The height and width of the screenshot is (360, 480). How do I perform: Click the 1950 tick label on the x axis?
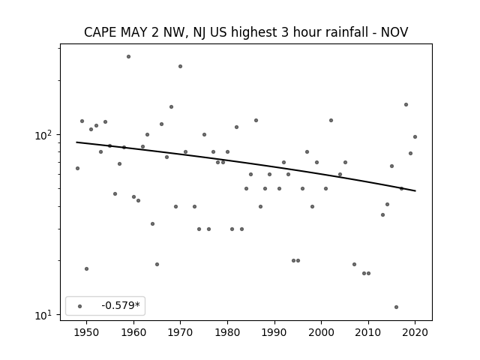tap(87, 332)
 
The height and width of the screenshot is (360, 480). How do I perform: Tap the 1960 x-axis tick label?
tap(133, 332)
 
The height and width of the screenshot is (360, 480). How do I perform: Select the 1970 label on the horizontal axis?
tap(180, 332)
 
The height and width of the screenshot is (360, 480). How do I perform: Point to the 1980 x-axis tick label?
tap(227, 332)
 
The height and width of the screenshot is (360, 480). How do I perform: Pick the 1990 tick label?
tap(274, 332)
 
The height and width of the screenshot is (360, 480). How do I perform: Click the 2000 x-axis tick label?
tap(321, 332)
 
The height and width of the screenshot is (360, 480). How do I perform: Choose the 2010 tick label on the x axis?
tap(368, 332)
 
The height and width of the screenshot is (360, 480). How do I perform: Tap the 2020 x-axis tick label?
tap(415, 332)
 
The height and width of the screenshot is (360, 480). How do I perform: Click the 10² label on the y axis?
tap(45, 135)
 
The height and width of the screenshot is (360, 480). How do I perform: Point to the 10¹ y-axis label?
tap(45, 315)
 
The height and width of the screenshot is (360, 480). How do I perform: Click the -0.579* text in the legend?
tap(121, 305)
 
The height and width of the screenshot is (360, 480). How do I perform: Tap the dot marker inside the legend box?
tap(80, 306)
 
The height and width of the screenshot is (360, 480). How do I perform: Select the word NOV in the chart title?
tap(394, 32)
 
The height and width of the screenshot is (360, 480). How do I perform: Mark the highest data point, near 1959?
tap(128, 57)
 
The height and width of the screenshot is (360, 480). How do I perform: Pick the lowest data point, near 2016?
tap(397, 307)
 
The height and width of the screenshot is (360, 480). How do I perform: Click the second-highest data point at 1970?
tap(180, 67)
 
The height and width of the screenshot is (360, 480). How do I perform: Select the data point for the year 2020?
tap(415, 136)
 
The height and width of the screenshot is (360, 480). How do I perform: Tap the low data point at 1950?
tap(87, 268)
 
